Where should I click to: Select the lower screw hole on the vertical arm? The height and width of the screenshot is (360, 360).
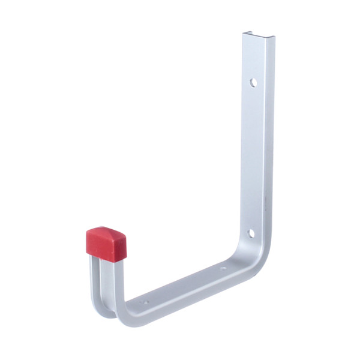252,233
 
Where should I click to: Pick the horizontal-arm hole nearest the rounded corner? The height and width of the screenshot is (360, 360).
223,268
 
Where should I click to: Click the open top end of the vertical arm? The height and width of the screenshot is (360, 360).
258,37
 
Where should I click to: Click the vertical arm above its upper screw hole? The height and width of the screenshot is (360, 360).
256,57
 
